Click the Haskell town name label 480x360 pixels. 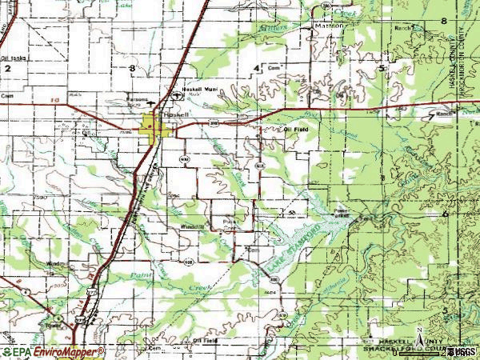(174, 114)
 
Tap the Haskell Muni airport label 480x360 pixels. (200, 89)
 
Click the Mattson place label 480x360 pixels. (330, 25)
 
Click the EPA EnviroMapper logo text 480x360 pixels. (53, 351)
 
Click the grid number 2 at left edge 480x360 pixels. (7, 69)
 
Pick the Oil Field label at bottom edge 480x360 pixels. (207, 340)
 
